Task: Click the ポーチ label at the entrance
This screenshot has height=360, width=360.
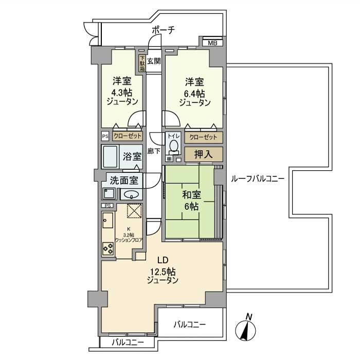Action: click(x=163, y=30)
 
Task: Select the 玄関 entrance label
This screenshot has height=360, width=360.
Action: click(x=153, y=61)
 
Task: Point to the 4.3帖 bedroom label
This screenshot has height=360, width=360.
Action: click(x=122, y=92)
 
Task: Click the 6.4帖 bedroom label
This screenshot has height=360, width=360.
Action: click(x=194, y=92)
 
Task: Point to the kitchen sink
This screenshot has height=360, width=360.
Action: click(x=107, y=222)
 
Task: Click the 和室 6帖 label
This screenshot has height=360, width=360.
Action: click(x=190, y=200)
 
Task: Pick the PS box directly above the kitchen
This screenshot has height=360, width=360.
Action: click(x=107, y=206)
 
